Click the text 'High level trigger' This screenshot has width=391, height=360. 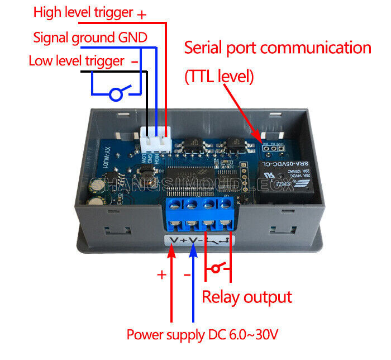(83, 12)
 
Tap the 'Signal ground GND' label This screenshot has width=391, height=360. (90, 37)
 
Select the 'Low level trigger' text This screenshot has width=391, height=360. (77, 60)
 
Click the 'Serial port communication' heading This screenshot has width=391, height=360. (278, 48)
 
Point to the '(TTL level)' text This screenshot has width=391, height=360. (219, 76)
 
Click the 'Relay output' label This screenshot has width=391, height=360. (246, 296)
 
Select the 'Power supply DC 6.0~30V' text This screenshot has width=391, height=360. (202, 335)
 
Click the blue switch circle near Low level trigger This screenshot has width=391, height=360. (116, 94)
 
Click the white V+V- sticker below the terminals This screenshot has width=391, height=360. (199, 241)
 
